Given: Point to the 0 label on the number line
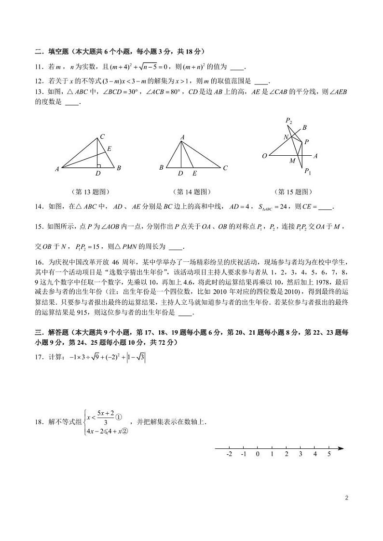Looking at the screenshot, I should click(x=258, y=454).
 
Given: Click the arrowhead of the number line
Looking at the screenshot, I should click(x=341, y=448).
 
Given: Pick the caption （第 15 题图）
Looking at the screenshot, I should click(x=293, y=191).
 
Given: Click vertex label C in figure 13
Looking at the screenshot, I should click(x=102, y=136).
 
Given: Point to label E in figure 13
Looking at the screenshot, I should click(x=109, y=149).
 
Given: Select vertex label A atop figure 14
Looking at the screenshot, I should click(x=182, y=137).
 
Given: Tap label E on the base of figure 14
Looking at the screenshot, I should click(x=194, y=173).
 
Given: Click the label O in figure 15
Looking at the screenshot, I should click(x=264, y=156).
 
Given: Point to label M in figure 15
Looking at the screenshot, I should click(x=292, y=161).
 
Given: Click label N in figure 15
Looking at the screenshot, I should click(x=286, y=137).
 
